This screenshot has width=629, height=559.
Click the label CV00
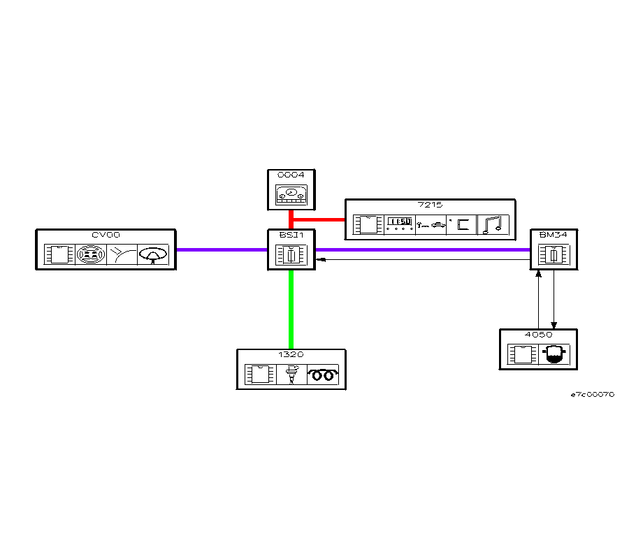pyautogui.click(x=102, y=235)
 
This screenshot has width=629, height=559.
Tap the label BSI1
pyautogui.click(x=291, y=235)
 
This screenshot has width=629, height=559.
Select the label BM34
pyautogui.click(x=553, y=235)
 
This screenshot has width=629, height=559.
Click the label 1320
pyautogui.click(x=291, y=355)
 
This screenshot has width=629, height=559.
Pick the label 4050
pyautogui.click(x=538, y=335)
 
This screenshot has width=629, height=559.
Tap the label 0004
pyautogui.click(x=291, y=174)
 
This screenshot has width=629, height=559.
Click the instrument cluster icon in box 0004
pyautogui.click(x=291, y=194)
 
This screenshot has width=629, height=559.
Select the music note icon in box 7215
pyautogui.click(x=493, y=224)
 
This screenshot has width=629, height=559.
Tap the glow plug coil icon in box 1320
pyautogui.click(x=323, y=375)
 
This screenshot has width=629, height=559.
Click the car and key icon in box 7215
pyautogui.click(x=431, y=224)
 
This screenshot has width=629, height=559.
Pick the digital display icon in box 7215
pyautogui.click(x=399, y=224)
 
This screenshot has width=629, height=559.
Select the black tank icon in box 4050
pyautogui.click(x=554, y=355)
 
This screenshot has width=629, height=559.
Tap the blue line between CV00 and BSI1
pyautogui.click(x=222, y=249)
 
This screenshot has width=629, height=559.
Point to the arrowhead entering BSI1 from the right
pyautogui.click(x=319, y=259)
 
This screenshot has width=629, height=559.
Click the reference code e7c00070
pyautogui.click(x=592, y=395)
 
